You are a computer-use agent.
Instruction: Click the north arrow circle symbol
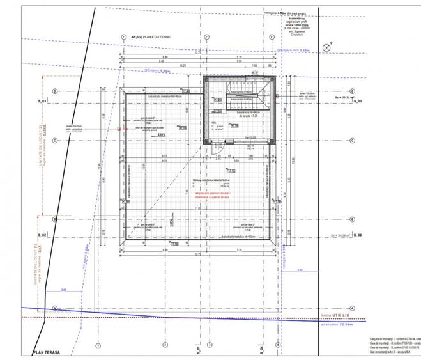326,46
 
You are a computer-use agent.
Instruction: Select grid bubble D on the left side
55,91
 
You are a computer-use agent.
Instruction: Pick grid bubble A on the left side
56,308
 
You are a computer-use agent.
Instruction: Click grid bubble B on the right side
352,219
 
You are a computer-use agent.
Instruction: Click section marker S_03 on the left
41,102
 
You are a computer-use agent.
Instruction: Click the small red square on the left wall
119,129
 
